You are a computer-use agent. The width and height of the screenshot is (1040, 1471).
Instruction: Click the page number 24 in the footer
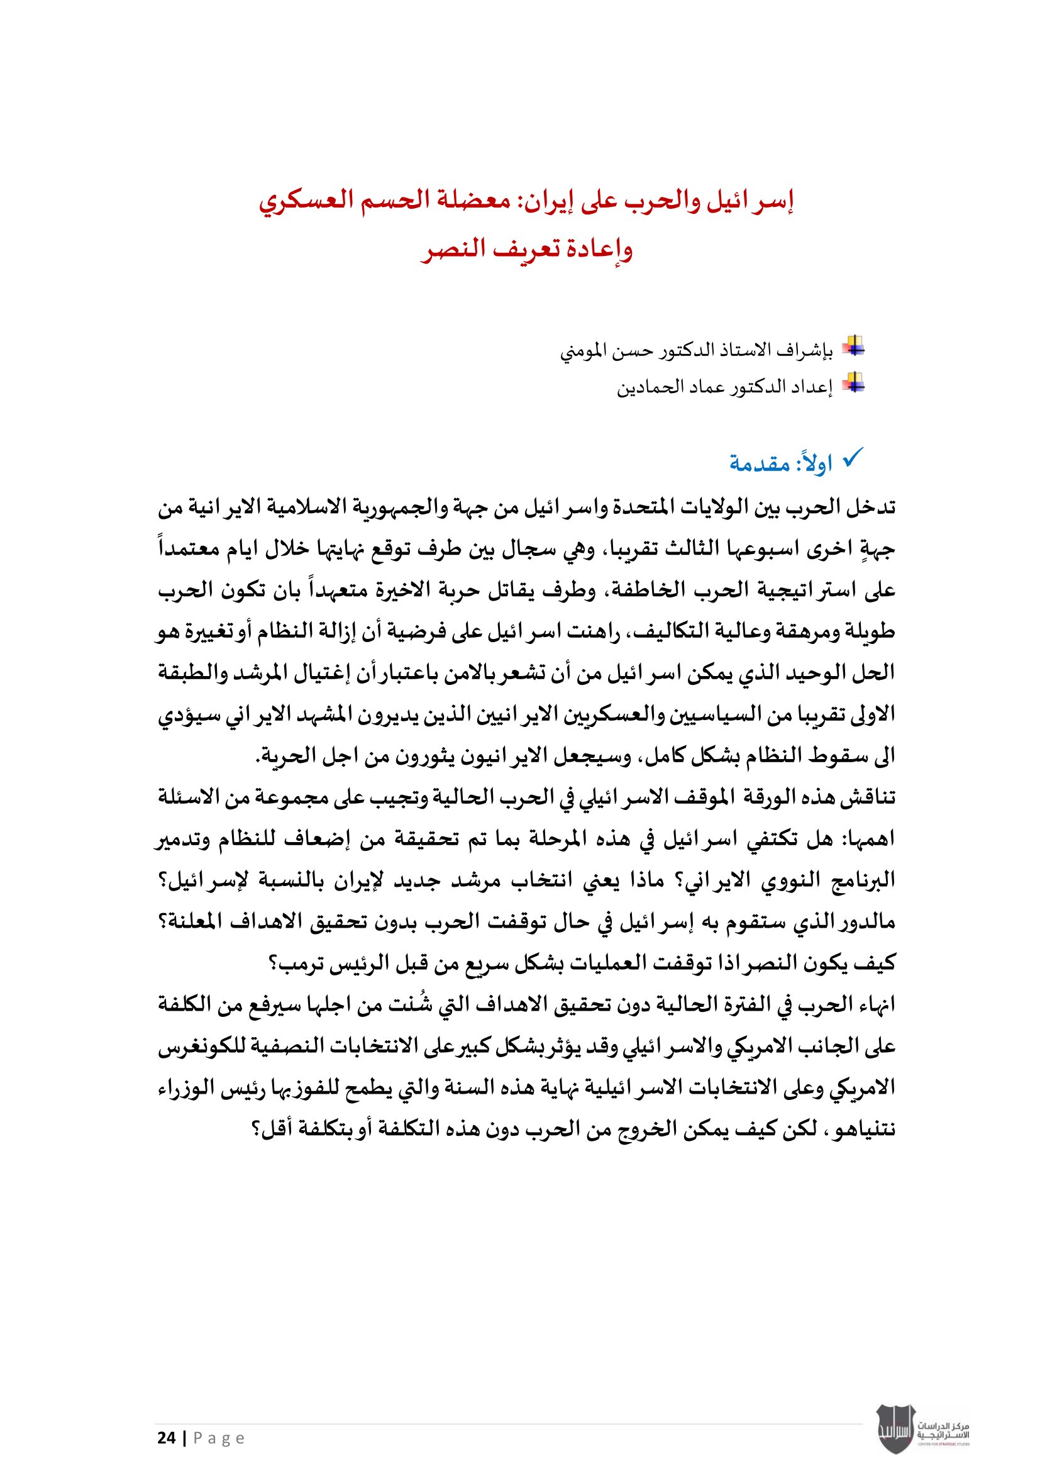tap(167, 1438)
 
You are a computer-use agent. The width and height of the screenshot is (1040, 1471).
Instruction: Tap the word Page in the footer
tap(219, 1438)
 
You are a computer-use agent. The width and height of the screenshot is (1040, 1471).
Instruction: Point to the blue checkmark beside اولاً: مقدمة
tap(853, 457)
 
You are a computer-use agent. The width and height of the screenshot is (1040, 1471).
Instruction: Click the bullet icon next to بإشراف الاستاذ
tap(853, 347)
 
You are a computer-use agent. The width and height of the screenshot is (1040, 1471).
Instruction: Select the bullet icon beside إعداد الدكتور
tap(853, 383)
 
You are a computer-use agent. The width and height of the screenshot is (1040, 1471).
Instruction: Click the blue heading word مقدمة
tap(760, 463)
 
